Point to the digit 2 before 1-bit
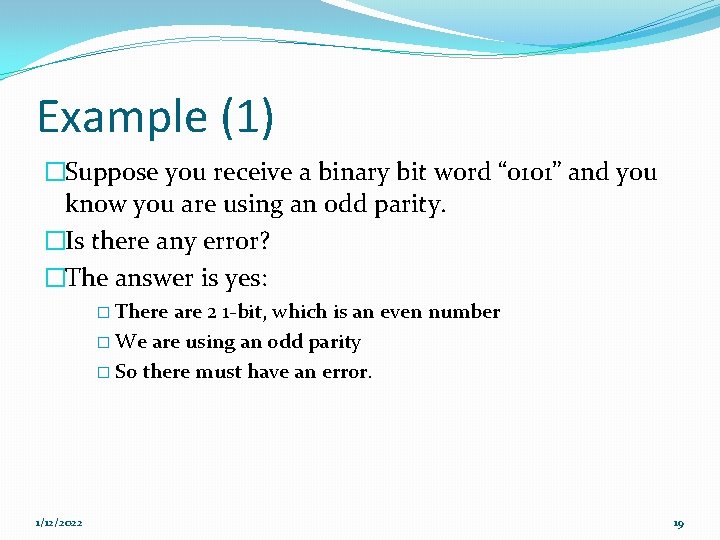coord(212,312)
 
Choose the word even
coord(400,312)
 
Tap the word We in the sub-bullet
coord(130,342)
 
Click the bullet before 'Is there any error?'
coord(54,242)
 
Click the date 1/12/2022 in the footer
coord(59,523)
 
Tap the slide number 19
coord(678,523)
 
